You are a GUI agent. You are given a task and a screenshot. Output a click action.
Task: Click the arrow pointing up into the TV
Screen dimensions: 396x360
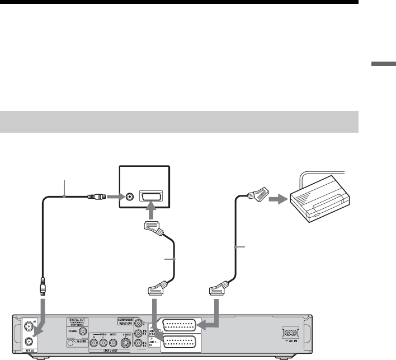point(152,213)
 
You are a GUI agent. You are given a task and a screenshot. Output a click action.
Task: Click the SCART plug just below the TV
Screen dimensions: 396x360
point(153,227)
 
